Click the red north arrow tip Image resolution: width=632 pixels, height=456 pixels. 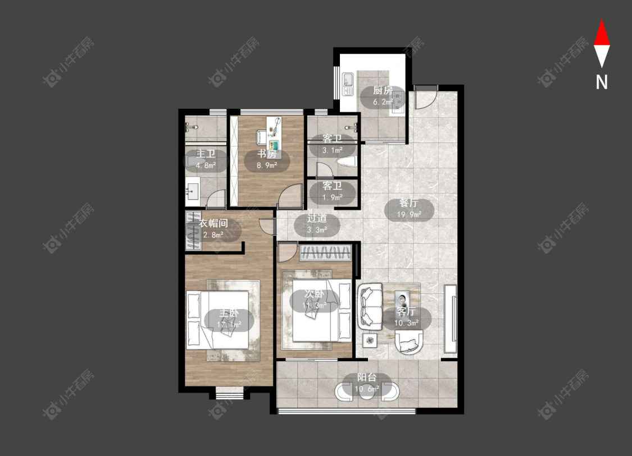tap(602, 20)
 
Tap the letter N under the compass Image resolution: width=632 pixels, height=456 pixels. tap(602, 82)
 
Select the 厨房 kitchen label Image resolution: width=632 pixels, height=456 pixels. tap(383, 90)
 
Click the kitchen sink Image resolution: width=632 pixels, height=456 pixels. tap(348, 84)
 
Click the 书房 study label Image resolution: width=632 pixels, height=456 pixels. tap(267, 154)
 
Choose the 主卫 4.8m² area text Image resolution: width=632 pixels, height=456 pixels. tap(206, 164)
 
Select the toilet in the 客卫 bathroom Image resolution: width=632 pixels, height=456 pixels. tap(346, 163)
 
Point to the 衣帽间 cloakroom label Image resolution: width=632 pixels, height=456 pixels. tap(213, 223)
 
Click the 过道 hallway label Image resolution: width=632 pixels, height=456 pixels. tap(317, 219)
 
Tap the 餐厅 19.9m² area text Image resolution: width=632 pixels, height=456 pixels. tap(409, 214)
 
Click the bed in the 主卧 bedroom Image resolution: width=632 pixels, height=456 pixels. tap(217, 320)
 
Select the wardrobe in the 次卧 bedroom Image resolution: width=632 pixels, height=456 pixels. tap(325, 253)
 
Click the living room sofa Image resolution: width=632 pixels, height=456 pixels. tap(370, 305)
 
